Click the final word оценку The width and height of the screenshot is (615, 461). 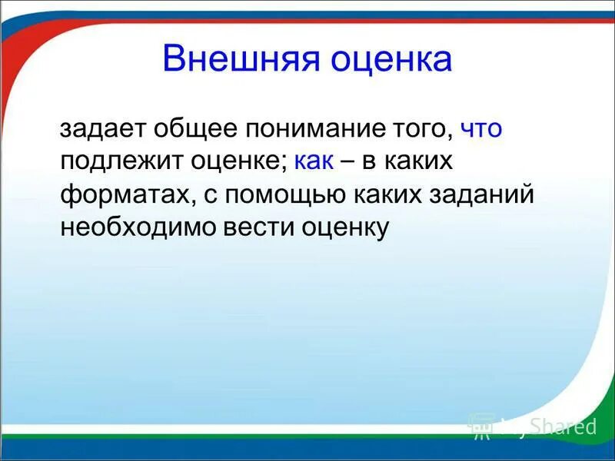pyautogui.click(x=339, y=227)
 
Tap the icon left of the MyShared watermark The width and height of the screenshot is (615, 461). pyautogui.click(x=482, y=425)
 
